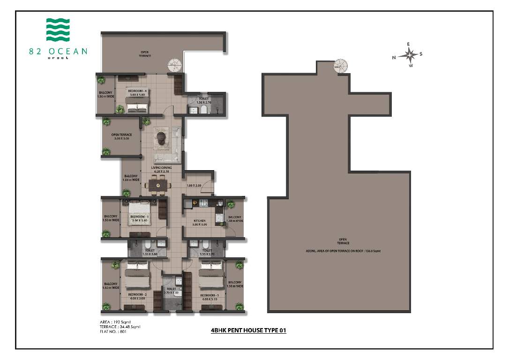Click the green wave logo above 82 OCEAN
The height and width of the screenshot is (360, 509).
pyautogui.click(x=58, y=30)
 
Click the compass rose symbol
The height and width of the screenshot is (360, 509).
pyautogui.click(x=411, y=55)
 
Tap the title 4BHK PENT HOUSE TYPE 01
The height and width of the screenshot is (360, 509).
pyautogui.click(x=248, y=330)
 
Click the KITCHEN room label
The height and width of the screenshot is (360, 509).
pyautogui.click(x=200, y=223)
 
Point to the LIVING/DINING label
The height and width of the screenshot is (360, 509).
pyautogui.click(x=161, y=169)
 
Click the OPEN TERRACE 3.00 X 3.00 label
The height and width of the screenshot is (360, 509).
pyautogui.click(x=121, y=136)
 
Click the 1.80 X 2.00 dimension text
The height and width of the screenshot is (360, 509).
pyautogui.click(x=194, y=186)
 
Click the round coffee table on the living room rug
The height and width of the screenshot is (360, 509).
pyautogui.click(x=161, y=137)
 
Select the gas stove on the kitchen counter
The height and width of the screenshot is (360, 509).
pyautogui.click(x=204, y=203)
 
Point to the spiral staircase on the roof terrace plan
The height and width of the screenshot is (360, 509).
pyautogui.click(x=341, y=66)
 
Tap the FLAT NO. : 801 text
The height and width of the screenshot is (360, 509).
pyautogui.click(x=113, y=332)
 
